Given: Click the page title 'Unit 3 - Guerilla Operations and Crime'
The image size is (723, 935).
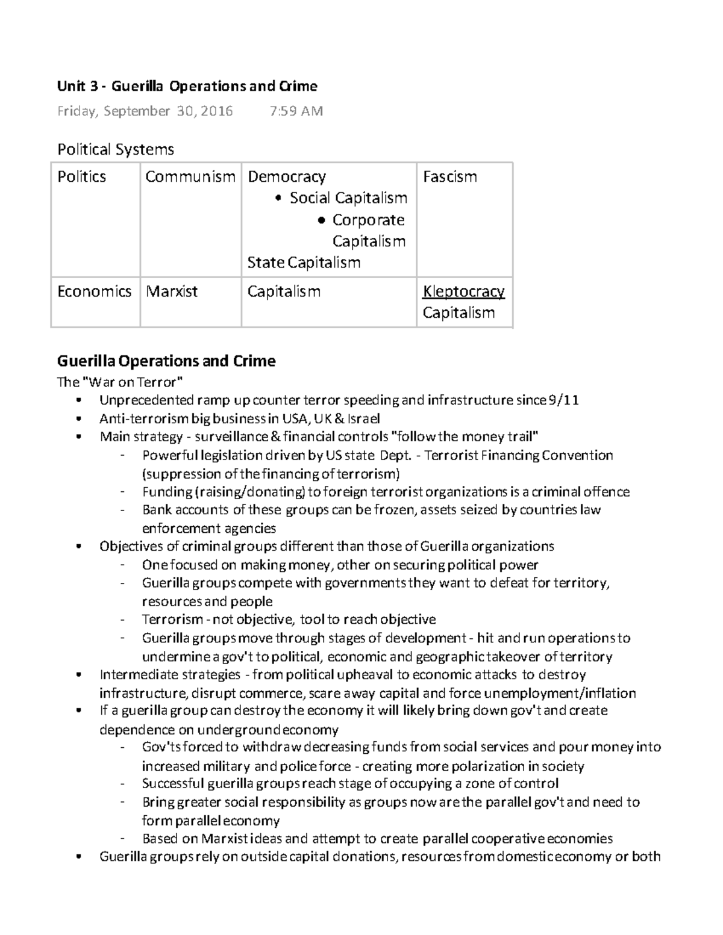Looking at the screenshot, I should point(187,86).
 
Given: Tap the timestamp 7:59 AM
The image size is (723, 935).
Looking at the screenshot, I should point(296,111).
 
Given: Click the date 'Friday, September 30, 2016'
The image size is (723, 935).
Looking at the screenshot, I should point(145,111).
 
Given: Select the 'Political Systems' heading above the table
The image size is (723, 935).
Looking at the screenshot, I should point(115,149).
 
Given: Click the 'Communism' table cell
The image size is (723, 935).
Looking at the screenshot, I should point(190,177).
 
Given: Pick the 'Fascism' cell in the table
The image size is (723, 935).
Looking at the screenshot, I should point(449,177).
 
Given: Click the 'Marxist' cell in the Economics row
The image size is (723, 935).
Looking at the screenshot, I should point(172,291).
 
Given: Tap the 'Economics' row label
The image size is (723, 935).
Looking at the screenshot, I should point(94,291).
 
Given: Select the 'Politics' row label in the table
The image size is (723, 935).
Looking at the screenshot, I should point(81,177).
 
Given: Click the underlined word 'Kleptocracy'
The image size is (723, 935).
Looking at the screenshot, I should point(463,291).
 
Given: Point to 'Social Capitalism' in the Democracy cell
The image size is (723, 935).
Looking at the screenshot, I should point(348,198).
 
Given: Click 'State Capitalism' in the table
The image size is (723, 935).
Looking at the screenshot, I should point(304,262).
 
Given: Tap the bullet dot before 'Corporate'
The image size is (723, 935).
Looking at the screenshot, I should point(322,221).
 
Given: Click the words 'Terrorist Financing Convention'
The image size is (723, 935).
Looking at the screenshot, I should point(519,455).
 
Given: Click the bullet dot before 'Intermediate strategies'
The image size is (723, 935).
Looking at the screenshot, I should point(79,675).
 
